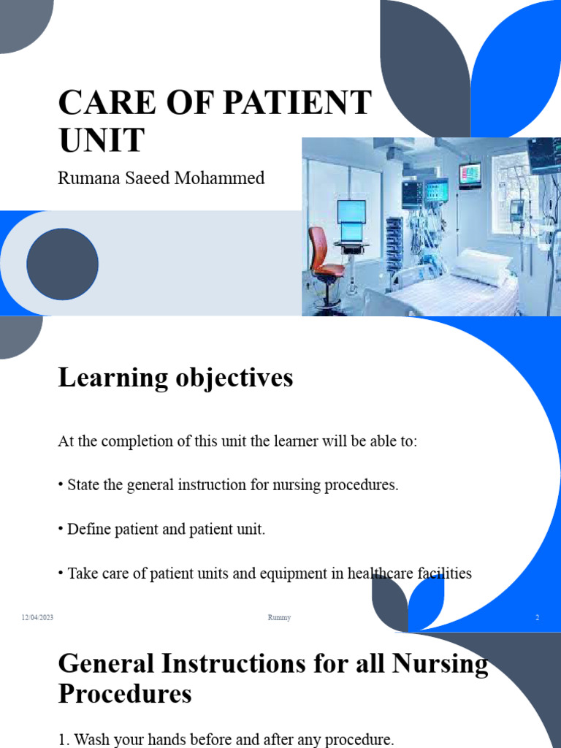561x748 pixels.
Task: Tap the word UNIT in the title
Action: (x=102, y=140)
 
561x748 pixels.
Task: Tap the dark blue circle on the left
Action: (x=62, y=264)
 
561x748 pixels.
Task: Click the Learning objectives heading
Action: (x=175, y=378)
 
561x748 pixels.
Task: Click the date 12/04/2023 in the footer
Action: (x=37, y=618)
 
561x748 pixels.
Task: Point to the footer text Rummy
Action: (x=280, y=618)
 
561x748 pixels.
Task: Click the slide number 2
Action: (x=537, y=618)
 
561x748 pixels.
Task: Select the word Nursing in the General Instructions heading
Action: (x=441, y=663)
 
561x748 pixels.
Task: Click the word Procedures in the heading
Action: (x=125, y=693)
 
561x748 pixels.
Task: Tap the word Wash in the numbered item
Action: (x=90, y=739)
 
